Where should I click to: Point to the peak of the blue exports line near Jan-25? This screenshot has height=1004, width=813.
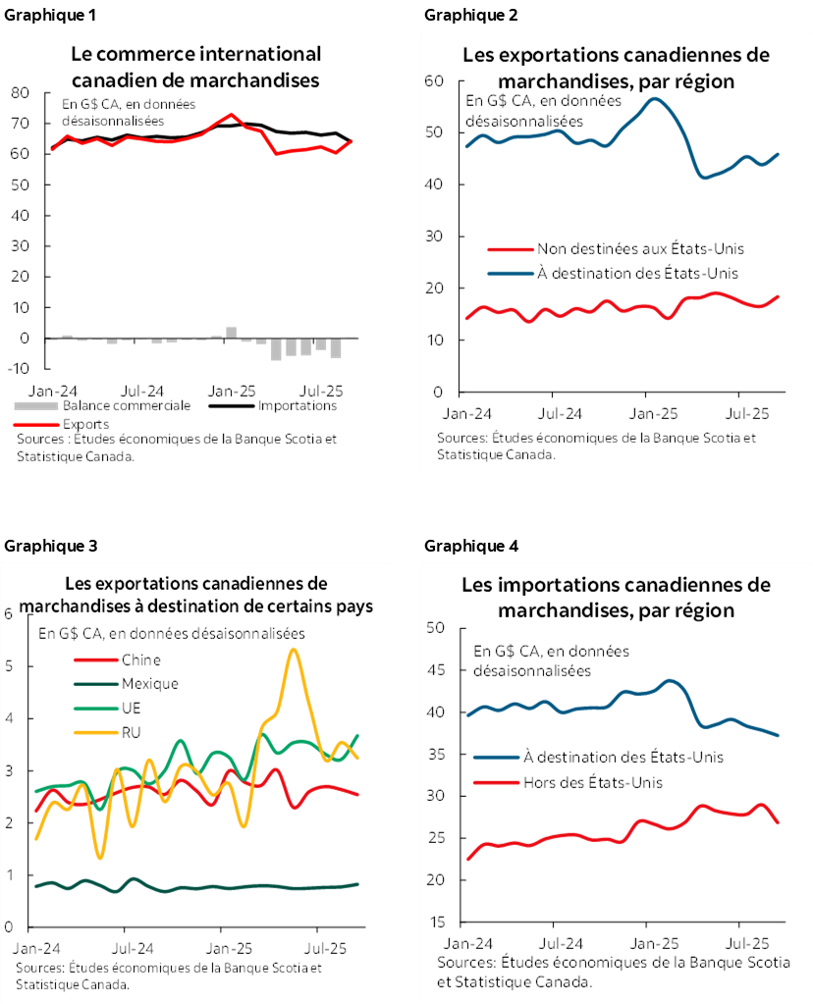[654, 99]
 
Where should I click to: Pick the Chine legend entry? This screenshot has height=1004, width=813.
[141, 660]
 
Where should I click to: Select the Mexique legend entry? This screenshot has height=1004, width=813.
[150, 684]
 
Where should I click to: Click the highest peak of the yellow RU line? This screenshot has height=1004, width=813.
[293, 650]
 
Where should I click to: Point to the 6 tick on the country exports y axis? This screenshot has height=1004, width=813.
[10, 614]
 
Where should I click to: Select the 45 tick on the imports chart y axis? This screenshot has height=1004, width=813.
[437, 670]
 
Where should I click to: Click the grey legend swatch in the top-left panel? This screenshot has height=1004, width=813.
[36, 405]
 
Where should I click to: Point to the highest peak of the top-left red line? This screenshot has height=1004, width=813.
[231, 114]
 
